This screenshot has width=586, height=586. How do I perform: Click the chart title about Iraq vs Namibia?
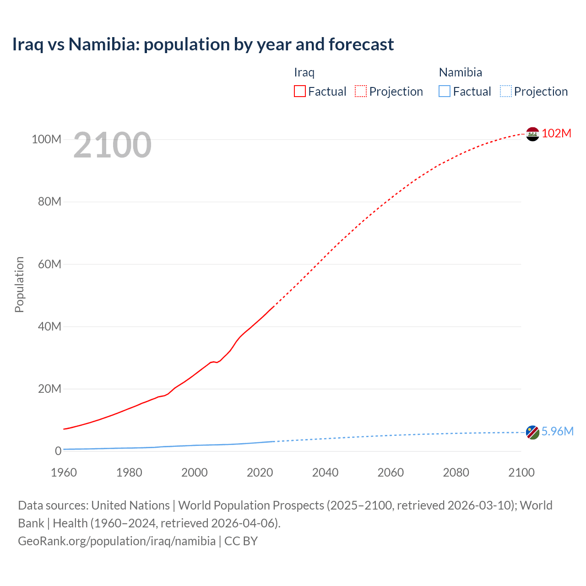point(203,44)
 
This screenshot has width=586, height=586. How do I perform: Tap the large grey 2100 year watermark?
point(112,145)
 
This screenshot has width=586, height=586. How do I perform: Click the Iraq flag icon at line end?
point(532,134)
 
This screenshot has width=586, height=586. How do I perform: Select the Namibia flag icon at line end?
point(532,432)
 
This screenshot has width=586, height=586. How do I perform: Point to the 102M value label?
point(556,133)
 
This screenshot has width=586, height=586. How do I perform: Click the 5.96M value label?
point(557,431)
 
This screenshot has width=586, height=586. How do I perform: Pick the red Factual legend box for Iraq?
point(300,92)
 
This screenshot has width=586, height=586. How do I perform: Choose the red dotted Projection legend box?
point(361,92)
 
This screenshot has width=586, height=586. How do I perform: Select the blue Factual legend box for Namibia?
point(445,92)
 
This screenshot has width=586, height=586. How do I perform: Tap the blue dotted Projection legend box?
point(506,92)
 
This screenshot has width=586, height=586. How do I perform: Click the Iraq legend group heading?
point(304,72)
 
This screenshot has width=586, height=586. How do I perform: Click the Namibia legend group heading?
point(460,72)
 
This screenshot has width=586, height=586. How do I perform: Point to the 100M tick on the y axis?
point(46,139)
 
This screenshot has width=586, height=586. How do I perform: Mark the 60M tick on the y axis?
point(49,264)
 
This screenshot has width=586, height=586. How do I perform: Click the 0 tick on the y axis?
point(58,451)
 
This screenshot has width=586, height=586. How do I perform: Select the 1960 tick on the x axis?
point(64,472)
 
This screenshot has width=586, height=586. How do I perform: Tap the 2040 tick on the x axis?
point(325,472)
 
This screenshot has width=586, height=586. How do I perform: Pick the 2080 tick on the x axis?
point(456,472)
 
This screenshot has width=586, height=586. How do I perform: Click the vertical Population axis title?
point(19,284)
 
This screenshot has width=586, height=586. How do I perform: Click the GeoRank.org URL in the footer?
point(117,541)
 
